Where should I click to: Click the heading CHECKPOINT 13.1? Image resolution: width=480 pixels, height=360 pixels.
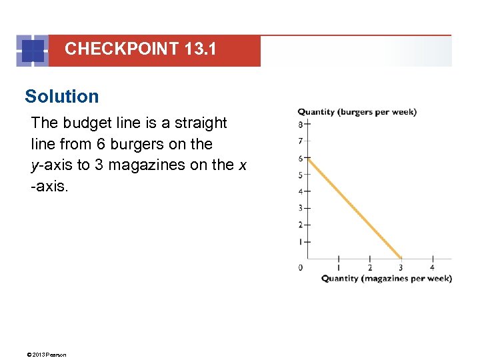tap(140, 49)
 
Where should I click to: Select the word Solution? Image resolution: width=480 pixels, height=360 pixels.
tap(61, 97)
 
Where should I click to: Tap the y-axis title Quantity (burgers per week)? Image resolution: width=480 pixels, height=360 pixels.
tap(357, 112)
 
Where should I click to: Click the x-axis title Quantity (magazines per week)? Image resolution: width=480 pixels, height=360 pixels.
tap(386, 279)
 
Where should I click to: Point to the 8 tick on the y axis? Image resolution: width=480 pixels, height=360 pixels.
tap(301, 124)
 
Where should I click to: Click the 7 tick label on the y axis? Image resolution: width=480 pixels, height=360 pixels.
tap(301, 141)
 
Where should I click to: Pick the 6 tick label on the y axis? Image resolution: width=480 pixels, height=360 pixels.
tap(301, 158)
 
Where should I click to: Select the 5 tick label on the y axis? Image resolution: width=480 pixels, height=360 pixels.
tap(301, 175)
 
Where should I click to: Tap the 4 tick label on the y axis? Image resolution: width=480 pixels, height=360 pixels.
tap(301, 191)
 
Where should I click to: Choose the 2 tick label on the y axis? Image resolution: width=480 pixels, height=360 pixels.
tap(301, 225)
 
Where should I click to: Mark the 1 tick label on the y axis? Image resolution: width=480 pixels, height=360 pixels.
tap(301, 241)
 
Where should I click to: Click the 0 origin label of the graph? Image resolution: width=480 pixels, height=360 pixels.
tap(301, 267)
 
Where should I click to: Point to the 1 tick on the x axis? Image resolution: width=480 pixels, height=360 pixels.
tap(339, 267)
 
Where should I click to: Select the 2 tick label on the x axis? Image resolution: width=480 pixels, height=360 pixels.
tap(370, 267)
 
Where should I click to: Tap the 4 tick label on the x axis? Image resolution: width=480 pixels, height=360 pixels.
tap(433, 267)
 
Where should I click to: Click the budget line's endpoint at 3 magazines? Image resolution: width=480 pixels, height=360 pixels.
tap(401, 258)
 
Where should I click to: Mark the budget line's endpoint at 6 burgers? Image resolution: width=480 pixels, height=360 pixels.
tap(309, 158)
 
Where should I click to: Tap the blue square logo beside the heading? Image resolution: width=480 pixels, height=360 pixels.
tap(33, 51)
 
